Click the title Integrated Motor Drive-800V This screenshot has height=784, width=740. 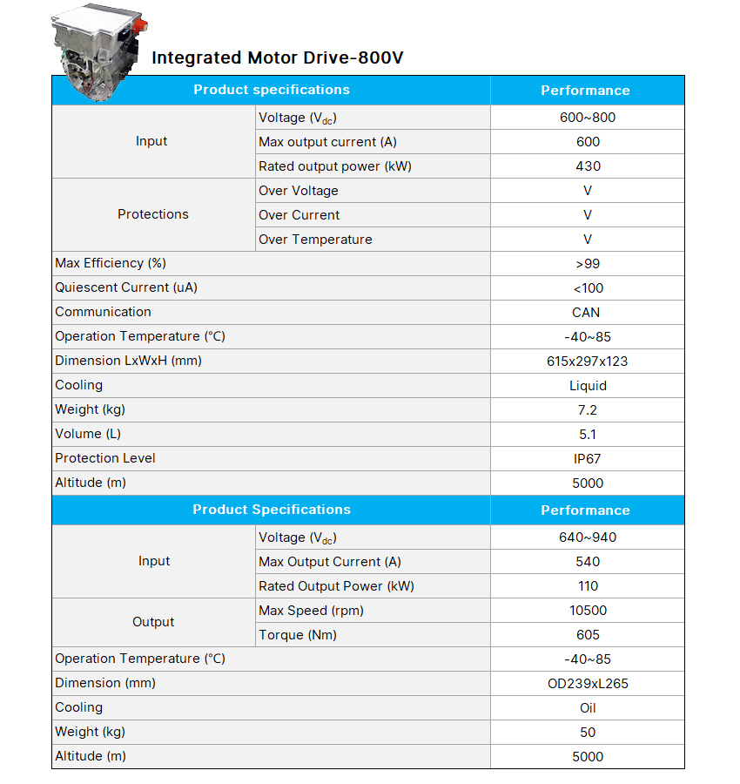(277, 58)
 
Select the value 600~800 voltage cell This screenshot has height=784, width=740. (588, 118)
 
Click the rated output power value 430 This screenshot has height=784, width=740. (588, 166)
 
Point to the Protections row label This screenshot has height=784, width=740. (153, 214)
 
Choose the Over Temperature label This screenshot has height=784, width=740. (315, 240)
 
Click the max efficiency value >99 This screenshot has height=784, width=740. (588, 264)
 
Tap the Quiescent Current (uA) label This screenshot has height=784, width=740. (126, 287)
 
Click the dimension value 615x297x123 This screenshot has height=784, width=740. (587, 362)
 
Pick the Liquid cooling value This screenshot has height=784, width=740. (588, 386)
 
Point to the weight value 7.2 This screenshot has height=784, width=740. (588, 410)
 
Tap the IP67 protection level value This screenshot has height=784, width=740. (588, 459)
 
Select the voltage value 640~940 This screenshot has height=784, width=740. (588, 537)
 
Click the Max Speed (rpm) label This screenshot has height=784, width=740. (311, 611)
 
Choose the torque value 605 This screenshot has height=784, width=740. (588, 635)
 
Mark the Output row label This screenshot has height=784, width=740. (153, 622)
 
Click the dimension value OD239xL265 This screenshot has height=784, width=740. (588, 684)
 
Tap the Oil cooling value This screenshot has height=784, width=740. (588, 708)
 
